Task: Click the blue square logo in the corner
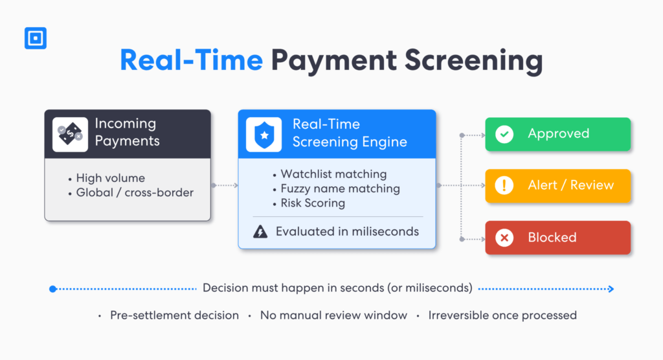(35, 38)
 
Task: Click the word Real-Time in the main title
(192, 60)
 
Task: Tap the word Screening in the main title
(473, 60)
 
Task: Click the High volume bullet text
(110, 178)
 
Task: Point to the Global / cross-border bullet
(133, 192)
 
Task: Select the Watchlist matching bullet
(333, 174)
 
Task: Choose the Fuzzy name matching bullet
(340, 188)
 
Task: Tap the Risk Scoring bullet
(313, 203)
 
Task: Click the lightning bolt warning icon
(260, 232)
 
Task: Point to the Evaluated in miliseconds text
(347, 232)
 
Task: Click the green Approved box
(557, 134)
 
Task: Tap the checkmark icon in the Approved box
(504, 134)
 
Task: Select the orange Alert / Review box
(557, 186)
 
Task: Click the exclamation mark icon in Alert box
(504, 186)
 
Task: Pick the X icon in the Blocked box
(504, 238)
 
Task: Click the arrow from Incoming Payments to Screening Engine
(225, 185)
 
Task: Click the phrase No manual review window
(333, 315)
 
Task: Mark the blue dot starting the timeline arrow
(53, 289)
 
